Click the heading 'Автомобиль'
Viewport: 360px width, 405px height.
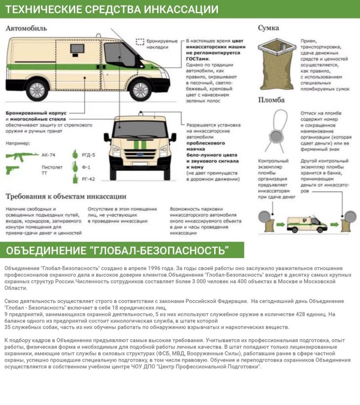(x=26, y=29)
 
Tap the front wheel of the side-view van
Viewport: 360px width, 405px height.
(x=140, y=89)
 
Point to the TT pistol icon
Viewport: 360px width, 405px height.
(x=13, y=170)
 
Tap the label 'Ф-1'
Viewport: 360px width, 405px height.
(x=86, y=167)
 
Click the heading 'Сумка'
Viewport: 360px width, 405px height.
(x=268, y=28)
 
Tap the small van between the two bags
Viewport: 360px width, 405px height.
(x=307, y=224)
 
